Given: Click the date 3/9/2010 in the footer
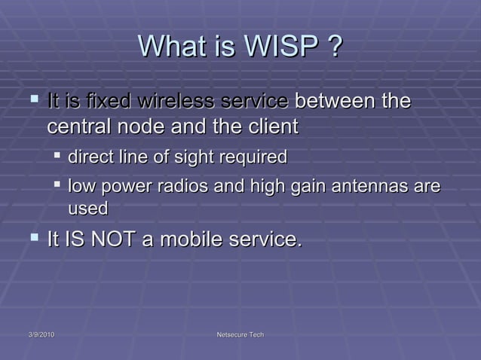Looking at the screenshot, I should [x=36, y=334].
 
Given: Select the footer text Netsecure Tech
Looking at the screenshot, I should [x=240, y=334].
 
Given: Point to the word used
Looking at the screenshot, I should [x=87, y=208].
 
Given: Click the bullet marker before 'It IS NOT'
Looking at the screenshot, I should [x=32, y=239].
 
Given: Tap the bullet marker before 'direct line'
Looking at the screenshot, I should [x=57, y=157].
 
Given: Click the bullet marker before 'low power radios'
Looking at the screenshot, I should [x=57, y=185].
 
